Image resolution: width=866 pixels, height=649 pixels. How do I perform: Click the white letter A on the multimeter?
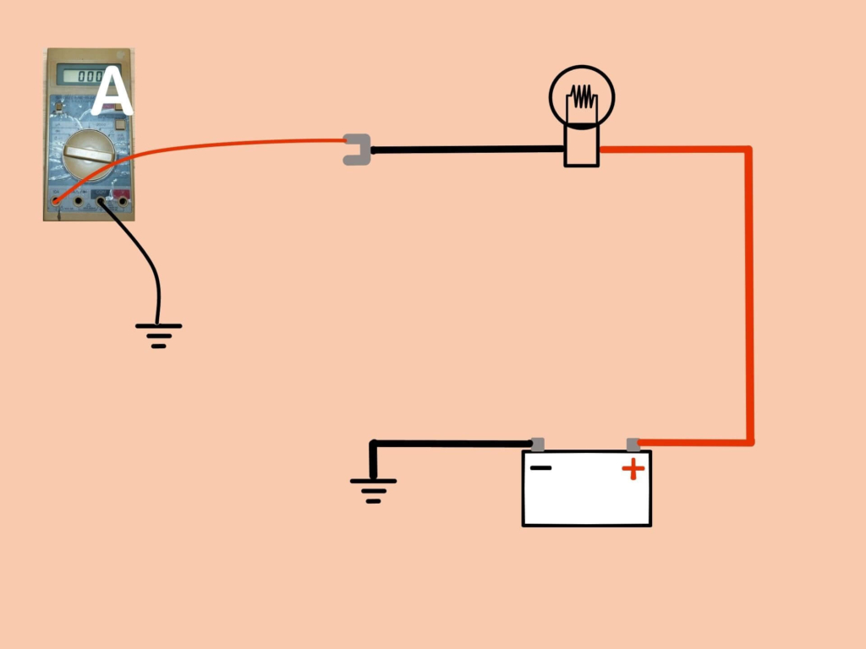(112, 93)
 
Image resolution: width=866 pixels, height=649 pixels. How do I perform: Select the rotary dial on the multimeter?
(88, 155)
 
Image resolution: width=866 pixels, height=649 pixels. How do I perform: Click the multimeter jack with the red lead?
(57, 200)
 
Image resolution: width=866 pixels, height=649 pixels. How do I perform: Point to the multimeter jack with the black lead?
(100, 200)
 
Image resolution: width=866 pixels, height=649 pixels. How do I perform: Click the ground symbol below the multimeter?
(158, 335)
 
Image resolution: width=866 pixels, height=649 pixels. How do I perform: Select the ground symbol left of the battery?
(373, 489)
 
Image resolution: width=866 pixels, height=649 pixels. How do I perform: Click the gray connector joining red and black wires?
(356, 150)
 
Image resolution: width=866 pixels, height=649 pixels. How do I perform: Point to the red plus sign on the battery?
(633, 470)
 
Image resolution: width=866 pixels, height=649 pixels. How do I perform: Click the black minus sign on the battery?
(541, 467)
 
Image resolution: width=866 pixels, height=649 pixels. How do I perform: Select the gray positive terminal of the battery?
(633, 444)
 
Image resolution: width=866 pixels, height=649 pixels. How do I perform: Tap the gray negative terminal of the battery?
(537, 444)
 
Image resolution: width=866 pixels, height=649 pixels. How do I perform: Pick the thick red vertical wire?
(748, 296)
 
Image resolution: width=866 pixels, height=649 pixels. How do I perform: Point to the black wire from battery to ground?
(448, 443)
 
